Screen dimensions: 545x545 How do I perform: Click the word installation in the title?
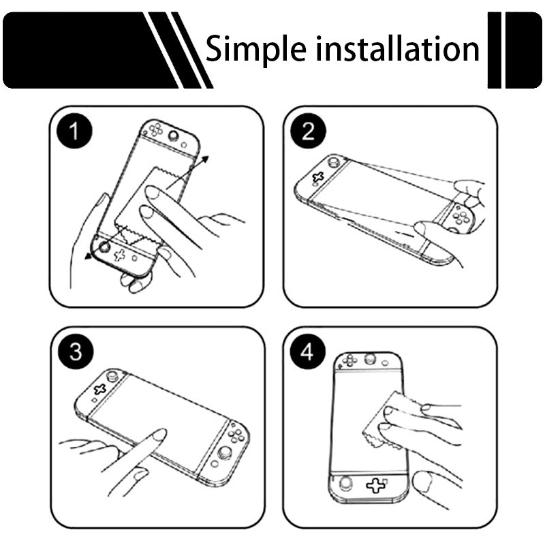pos(395,49)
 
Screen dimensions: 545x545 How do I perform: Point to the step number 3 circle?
pos(76,352)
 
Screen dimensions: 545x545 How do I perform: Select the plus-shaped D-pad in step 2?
pos(317,178)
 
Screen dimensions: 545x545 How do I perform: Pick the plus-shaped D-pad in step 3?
pos(99,389)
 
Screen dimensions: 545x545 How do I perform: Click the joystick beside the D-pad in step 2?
pos(334,163)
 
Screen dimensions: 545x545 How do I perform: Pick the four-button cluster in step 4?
pos(351,360)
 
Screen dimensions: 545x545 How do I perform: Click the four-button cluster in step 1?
pos(155,129)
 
